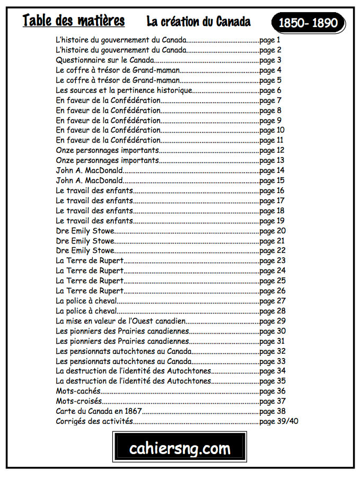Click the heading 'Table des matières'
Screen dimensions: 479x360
74,21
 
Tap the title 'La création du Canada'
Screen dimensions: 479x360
198,22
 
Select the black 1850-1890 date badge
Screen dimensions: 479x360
308,23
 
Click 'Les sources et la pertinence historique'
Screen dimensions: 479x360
124,90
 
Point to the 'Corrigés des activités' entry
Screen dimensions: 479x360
94,421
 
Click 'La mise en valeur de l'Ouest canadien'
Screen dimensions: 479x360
120,321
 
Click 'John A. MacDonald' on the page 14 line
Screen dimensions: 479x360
89,170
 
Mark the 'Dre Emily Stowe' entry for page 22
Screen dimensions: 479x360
85,250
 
